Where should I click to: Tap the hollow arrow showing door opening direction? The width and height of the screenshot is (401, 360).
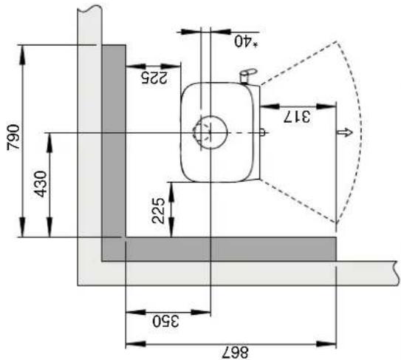pos(344,132)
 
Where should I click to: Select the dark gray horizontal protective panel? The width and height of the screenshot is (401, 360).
pos(229,249)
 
